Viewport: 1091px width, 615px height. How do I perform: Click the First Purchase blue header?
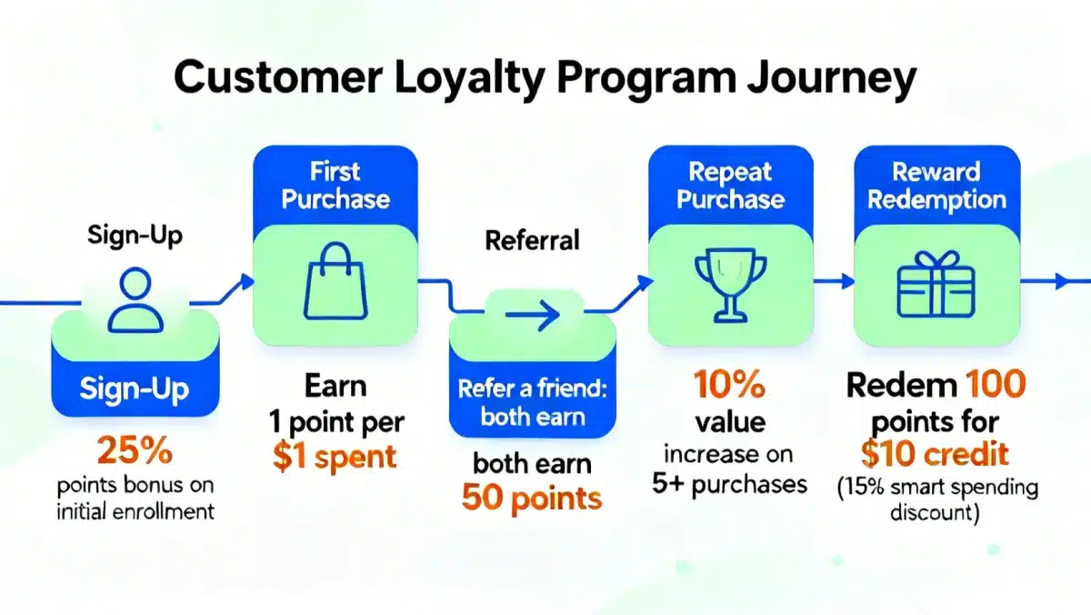(335, 186)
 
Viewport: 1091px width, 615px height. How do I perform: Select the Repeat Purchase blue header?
(729, 186)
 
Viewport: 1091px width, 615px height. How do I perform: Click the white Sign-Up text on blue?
(134, 389)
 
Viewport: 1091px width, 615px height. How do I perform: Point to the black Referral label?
(532, 241)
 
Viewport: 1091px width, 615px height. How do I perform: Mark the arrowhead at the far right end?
(1059, 283)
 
